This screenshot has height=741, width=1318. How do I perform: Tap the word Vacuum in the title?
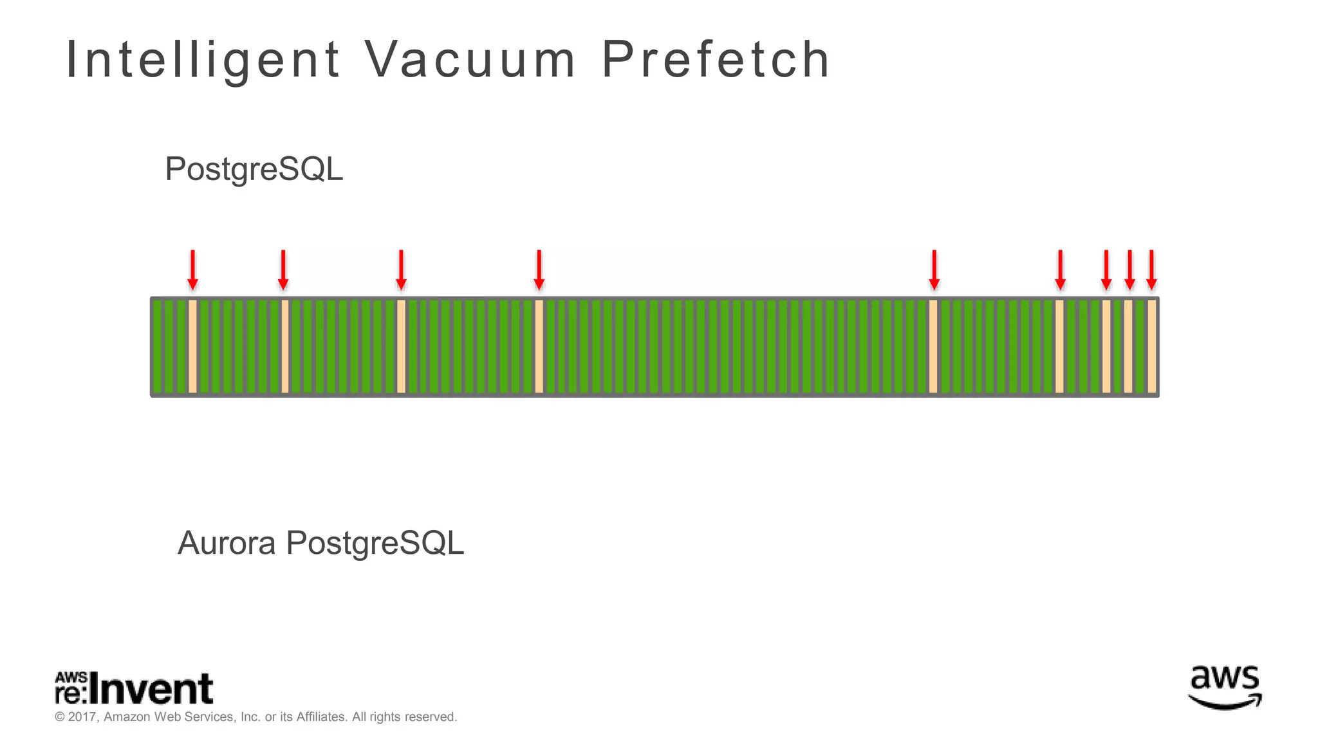470,60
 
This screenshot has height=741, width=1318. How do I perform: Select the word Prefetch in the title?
716,60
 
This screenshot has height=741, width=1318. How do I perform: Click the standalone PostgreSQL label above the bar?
254,169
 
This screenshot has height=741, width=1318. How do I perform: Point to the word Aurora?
227,543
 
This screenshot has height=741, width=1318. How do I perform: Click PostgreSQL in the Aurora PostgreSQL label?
375,543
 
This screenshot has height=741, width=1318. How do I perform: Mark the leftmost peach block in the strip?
192,346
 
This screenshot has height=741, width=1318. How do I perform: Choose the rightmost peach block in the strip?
1151,346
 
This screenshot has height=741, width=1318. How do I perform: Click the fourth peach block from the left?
539,346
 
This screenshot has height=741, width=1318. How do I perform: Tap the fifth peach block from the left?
933,346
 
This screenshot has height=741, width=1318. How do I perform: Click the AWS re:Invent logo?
134,688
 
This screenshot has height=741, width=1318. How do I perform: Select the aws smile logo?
1225,686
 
